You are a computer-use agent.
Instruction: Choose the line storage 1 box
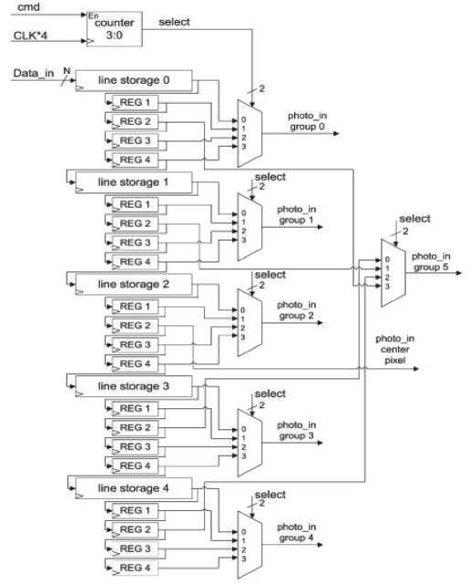[x=133, y=183]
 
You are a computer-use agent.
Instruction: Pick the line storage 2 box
[x=133, y=284]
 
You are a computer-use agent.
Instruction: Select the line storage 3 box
[x=133, y=386]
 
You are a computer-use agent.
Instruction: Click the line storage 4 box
[x=133, y=488]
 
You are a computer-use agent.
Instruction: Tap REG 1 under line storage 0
[x=133, y=102]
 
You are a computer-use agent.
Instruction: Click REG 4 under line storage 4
[x=133, y=569]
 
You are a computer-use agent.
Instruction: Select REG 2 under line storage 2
[x=133, y=325]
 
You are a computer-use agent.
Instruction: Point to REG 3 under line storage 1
[x=133, y=243]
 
